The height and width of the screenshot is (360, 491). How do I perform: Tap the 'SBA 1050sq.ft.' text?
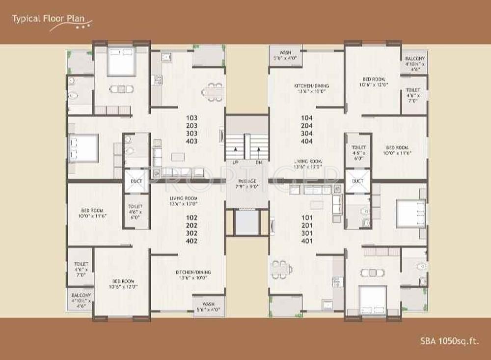pos(449,340)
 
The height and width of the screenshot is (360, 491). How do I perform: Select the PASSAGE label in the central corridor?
pos(247,181)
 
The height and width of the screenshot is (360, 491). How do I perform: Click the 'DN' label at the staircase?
pos(258,162)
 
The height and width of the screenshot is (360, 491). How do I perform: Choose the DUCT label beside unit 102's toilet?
pos(136,181)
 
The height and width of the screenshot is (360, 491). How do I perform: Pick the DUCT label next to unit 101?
pos(357,181)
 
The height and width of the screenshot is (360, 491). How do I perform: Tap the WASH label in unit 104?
pos(285,53)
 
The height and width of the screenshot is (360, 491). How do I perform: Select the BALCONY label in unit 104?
pos(415,58)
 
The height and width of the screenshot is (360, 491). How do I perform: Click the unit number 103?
pos(192,118)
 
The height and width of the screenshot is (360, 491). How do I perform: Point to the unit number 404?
pos(306,141)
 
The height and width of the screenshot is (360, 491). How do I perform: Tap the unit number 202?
pos(192,225)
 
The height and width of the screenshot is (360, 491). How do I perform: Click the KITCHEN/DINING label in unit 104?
pos(311,86)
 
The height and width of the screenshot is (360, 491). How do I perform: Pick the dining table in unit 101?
pos(281,269)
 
